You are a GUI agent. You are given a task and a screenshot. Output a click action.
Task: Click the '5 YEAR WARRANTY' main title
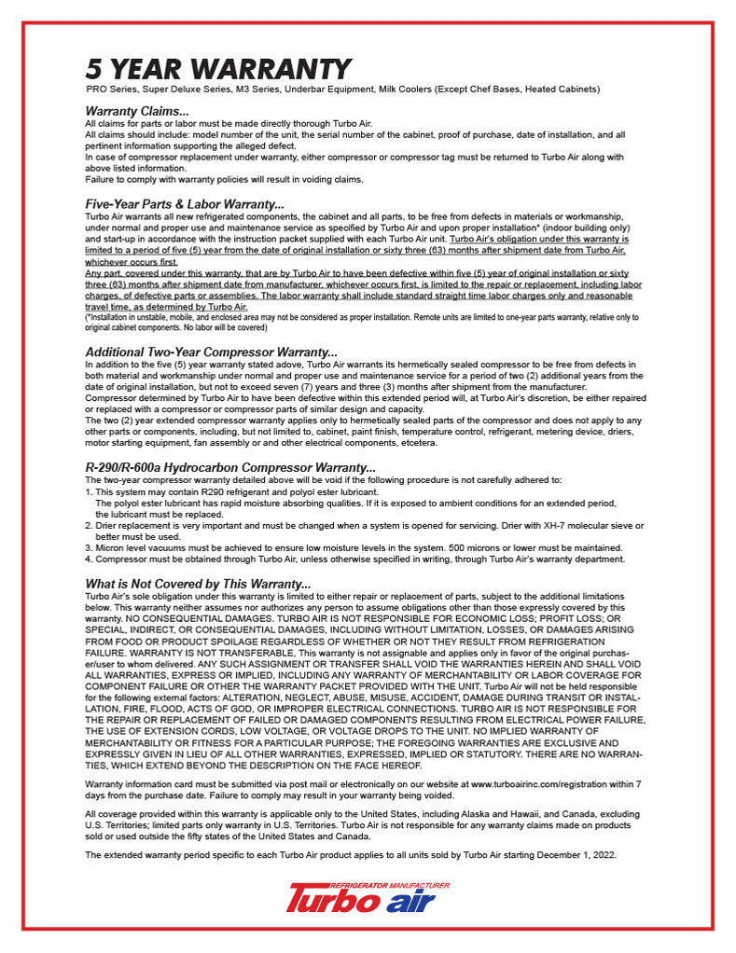click(x=218, y=69)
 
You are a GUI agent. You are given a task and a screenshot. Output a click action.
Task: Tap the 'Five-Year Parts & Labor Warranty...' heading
click(x=185, y=204)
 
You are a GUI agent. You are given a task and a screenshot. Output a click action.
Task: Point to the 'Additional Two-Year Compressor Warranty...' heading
click(x=211, y=352)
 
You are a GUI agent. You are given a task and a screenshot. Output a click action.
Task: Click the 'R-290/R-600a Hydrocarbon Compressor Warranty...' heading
click(x=230, y=468)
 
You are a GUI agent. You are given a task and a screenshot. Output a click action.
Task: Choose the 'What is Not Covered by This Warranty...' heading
click(x=198, y=584)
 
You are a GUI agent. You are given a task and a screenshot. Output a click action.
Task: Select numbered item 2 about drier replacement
click(x=364, y=527)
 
